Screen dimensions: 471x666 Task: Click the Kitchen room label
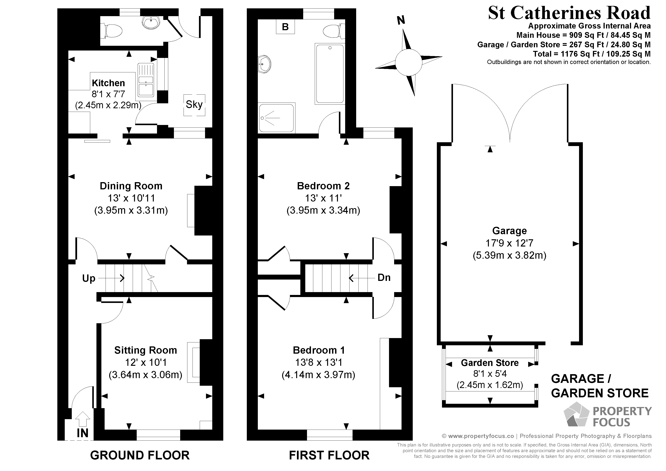coord(108,83)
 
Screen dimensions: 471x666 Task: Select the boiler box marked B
coord(285,27)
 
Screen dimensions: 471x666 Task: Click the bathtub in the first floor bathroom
coord(330,73)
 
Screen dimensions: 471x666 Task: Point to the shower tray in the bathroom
coord(276,118)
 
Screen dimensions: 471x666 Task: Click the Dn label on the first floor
coord(384,278)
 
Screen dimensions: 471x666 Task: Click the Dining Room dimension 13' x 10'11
coord(131,198)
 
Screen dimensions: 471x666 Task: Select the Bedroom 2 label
coord(323,186)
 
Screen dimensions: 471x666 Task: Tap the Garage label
coord(509,231)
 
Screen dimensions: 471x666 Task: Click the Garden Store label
coord(490,363)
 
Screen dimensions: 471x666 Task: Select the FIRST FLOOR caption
coord(329,455)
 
